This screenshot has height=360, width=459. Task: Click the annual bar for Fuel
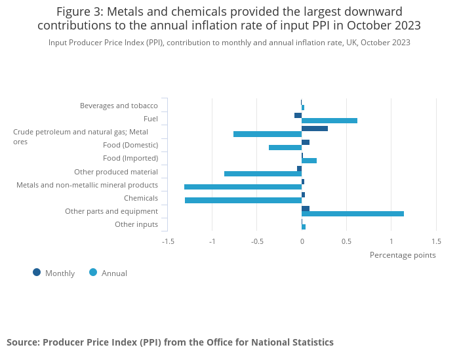(329, 121)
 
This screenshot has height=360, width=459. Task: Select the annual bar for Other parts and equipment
(353, 213)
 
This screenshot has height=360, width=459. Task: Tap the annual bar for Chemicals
(243, 200)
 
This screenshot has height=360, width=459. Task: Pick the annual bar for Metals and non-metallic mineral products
(243, 187)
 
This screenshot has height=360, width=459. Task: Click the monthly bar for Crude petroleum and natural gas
(315, 129)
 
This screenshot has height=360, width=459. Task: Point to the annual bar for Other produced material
(263, 174)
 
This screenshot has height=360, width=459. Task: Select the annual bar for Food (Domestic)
(285, 148)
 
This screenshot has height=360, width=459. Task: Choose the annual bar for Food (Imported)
(309, 161)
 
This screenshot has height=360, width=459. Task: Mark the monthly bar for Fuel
(298, 115)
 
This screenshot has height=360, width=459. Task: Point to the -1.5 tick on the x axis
(168, 241)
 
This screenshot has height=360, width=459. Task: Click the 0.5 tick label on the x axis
(346, 241)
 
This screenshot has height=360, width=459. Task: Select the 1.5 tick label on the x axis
(436, 241)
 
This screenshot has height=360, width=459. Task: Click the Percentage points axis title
(403, 255)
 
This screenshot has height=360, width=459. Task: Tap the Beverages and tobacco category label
(119, 106)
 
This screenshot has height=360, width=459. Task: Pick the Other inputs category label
(136, 224)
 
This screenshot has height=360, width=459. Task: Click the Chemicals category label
(141, 198)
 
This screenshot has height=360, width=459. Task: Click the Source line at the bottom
(170, 342)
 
